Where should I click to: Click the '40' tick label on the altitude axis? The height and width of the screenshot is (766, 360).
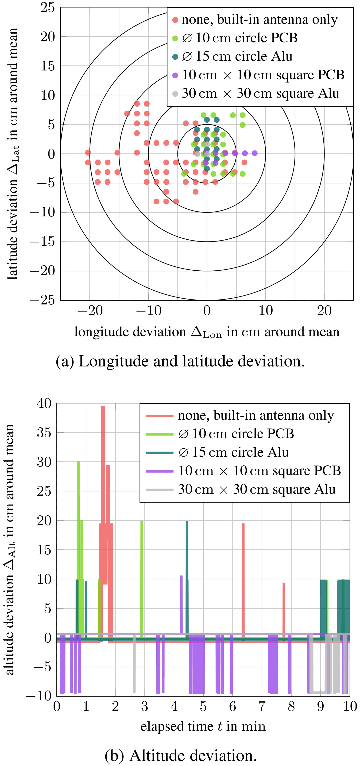(44, 403)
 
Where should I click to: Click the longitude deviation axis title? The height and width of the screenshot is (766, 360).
(207, 332)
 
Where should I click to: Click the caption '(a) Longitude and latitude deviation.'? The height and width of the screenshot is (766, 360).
(180, 361)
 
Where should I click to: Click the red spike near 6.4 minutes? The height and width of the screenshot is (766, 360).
(243, 565)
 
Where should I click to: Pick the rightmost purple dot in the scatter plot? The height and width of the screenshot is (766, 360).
(255, 153)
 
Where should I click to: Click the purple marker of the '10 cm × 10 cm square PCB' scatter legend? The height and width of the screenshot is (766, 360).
(175, 75)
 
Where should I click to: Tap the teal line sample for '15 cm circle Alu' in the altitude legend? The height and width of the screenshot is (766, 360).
(160, 453)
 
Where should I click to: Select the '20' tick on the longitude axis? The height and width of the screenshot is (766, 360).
(324, 311)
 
